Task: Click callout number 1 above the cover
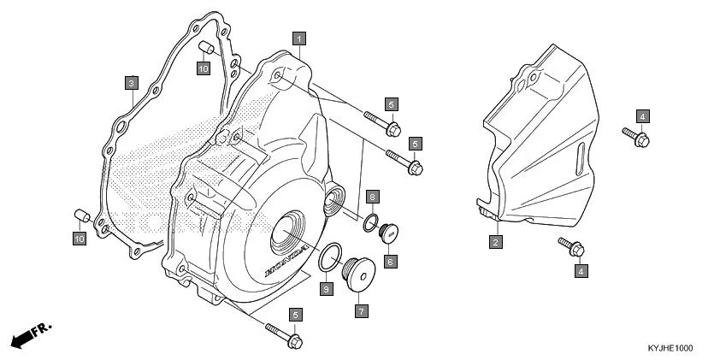pyautogui.click(x=298, y=38)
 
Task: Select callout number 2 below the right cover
pyautogui.click(x=495, y=242)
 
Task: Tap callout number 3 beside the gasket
pyautogui.click(x=131, y=83)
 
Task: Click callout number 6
pyautogui.click(x=389, y=261)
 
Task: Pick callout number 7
pyautogui.click(x=362, y=310)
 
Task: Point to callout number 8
pyautogui.click(x=373, y=197)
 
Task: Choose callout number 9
pyautogui.click(x=326, y=289)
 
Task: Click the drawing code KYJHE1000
pyautogui.click(x=670, y=348)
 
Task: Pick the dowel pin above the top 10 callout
pyautogui.click(x=204, y=47)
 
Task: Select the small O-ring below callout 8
pyautogui.click(x=369, y=223)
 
